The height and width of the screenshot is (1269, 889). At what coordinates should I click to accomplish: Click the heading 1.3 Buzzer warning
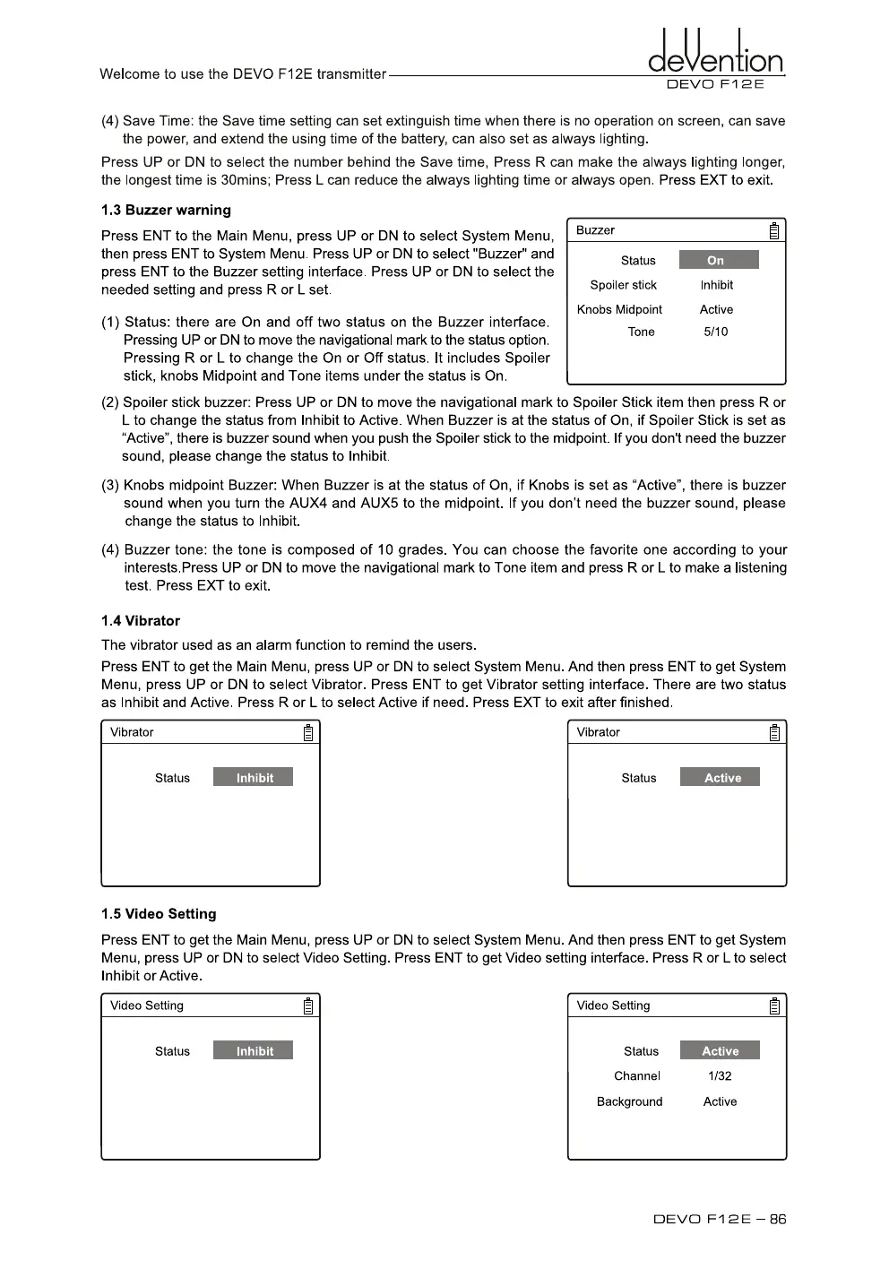(x=166, y=210)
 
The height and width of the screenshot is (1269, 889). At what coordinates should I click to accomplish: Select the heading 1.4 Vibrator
(x=141, y=620)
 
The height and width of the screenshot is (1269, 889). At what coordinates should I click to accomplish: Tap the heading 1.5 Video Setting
(x=159, y=913)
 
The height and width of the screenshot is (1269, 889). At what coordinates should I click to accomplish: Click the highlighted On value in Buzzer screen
(x=719, y=260)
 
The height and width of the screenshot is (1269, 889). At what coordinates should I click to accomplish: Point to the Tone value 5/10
(x=716, y=332)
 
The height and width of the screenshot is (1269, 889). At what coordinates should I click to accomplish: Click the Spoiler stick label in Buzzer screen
(x=623, y=285)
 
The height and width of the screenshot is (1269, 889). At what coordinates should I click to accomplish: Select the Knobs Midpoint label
(x=619, y=309)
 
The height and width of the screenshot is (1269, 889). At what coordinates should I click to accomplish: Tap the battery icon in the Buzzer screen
(x=774, y=231)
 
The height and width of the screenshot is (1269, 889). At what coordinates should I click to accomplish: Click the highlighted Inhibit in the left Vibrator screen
(x=253, y=777)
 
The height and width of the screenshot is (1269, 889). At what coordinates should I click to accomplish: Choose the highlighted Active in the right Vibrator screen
(x=720, y=777)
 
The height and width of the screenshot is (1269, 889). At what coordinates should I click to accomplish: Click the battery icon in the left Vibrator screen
(x=308, y=733)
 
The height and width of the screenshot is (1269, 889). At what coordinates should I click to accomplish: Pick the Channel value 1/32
(x=720, y=1075)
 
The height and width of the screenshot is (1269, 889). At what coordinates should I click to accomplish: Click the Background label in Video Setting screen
(x=629, y=1101)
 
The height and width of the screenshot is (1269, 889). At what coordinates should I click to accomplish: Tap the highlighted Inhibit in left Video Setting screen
(x=253, y=1050)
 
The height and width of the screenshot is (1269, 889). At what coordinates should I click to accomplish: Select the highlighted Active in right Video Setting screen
(x=720, y=1050)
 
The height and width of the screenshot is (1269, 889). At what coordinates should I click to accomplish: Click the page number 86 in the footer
(x=778, y=1219)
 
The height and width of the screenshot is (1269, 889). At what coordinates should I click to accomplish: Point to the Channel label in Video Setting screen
(x=636, y=1075)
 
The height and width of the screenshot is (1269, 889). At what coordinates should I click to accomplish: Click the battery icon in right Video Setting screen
(x=774, y=1006)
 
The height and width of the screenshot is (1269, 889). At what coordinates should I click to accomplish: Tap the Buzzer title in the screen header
(x=595, y=230)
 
